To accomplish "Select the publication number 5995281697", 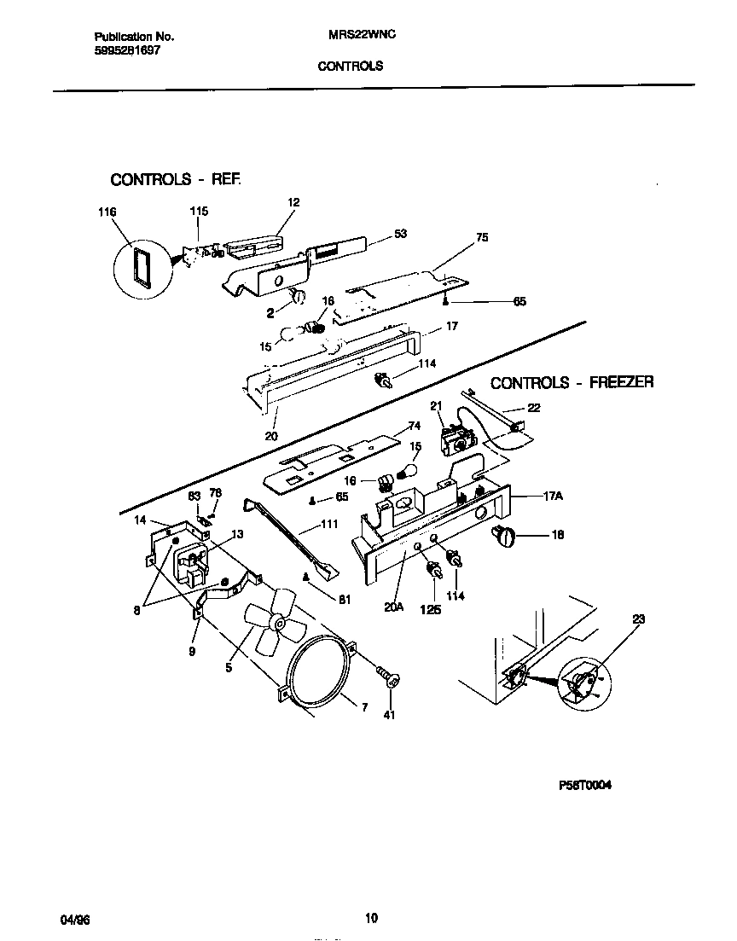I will point(125,50).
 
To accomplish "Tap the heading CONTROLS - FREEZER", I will point(572,382).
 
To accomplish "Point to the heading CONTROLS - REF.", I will point(176,180).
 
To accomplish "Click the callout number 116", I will point(107,212).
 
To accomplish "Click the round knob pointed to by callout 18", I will point(505,537).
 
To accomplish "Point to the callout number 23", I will point(640,620).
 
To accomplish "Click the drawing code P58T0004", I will point(585,786).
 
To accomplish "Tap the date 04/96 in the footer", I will point(75,919).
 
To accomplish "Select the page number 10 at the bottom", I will point(371,919).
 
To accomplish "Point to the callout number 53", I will point(400,233).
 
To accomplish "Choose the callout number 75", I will point(482,238).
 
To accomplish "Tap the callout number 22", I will point(533,408).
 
